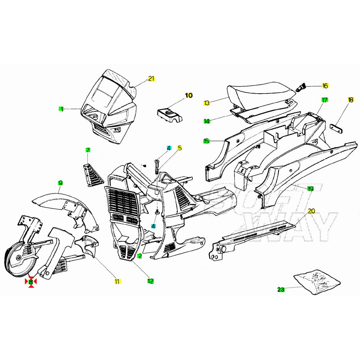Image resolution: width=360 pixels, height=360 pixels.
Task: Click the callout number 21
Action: pyautogui.click(x=151, y=79)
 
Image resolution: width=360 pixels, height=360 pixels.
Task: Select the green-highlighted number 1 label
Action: pyautogui.click(x=61, y=109)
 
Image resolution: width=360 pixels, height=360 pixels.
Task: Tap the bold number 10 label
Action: pyautogui.click(x=189, y=95)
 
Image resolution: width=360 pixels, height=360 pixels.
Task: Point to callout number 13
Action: pyautogui.click(x=207, y=103)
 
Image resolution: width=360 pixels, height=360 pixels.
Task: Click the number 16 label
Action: pyautogui.click(x=325, y=86)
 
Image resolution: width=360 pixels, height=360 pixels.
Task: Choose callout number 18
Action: pyautogui.click(x=351, y=100)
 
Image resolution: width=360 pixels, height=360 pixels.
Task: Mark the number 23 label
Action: pyautogui.click(x=281, y=290)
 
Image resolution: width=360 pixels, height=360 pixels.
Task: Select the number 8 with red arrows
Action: pyautogui.click(x=31, y=282)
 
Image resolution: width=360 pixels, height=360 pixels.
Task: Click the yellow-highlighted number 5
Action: pyautogui.click(x=180, y=148)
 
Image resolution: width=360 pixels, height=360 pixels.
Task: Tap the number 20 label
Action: pyautogui.click(x=311, y=211)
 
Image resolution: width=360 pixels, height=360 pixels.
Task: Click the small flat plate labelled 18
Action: pyautogui.click(x=336, y=129)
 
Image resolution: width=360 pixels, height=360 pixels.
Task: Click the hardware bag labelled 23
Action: pyautogui.click(x=317, y=282)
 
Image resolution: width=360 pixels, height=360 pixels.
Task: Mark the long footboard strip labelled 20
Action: pyautogui.click(x=252, y=240)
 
